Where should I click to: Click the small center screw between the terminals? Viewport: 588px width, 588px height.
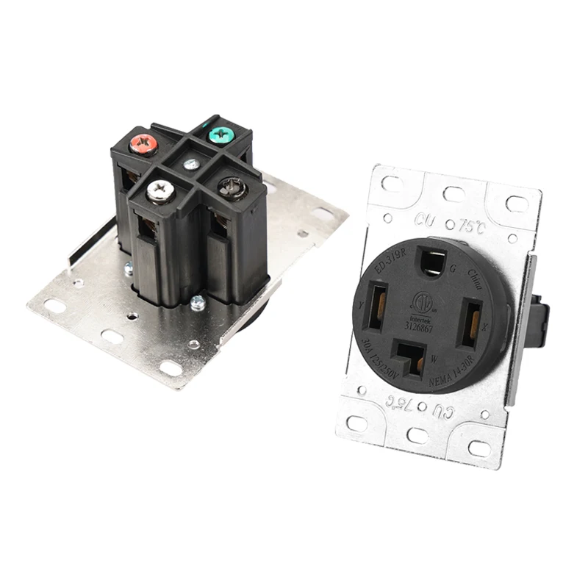coord(191,164)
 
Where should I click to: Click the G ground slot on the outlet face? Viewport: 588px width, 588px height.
coord(428,261)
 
